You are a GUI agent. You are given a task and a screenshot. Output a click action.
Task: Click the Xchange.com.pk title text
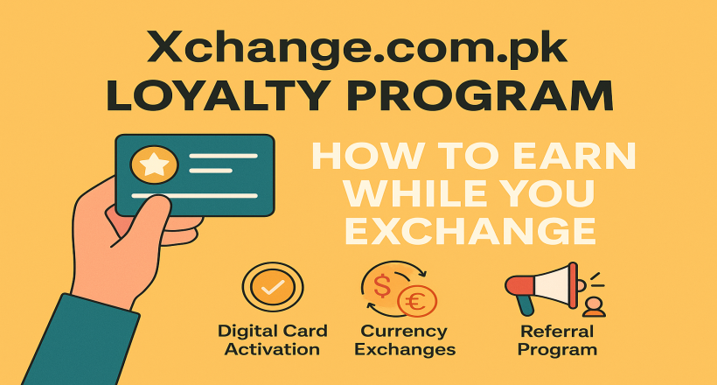357,48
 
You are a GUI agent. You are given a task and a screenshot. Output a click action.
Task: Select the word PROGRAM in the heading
480,95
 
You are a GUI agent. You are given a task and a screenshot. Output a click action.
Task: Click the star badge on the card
154,164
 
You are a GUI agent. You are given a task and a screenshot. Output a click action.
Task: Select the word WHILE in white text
409,193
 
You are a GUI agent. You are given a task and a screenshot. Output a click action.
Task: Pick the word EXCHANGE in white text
470,230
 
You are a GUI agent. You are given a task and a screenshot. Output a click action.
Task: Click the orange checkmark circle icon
273,288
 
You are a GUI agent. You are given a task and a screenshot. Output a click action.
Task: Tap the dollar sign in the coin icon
382,286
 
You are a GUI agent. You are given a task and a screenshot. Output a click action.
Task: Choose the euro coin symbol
416,302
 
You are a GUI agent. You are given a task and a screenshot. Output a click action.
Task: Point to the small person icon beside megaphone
594,308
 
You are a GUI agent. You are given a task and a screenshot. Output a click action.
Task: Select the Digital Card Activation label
273,340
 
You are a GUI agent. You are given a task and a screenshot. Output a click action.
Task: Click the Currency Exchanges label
405,340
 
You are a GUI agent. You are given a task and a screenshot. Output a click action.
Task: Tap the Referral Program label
557,340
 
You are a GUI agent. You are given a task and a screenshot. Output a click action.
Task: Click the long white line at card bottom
195,196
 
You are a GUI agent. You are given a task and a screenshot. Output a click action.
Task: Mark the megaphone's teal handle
524,304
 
